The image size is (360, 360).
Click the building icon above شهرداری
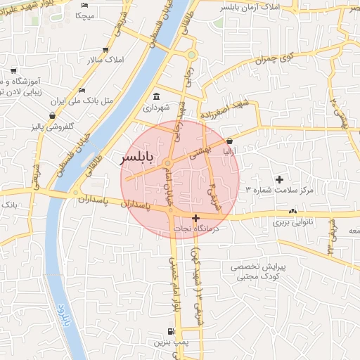point(156,96)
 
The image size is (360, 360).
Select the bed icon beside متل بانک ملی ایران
point(82,91)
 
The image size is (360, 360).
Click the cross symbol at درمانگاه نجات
point(195,218)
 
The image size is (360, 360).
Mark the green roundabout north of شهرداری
point(191,55)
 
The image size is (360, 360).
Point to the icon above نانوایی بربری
point(292,211)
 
